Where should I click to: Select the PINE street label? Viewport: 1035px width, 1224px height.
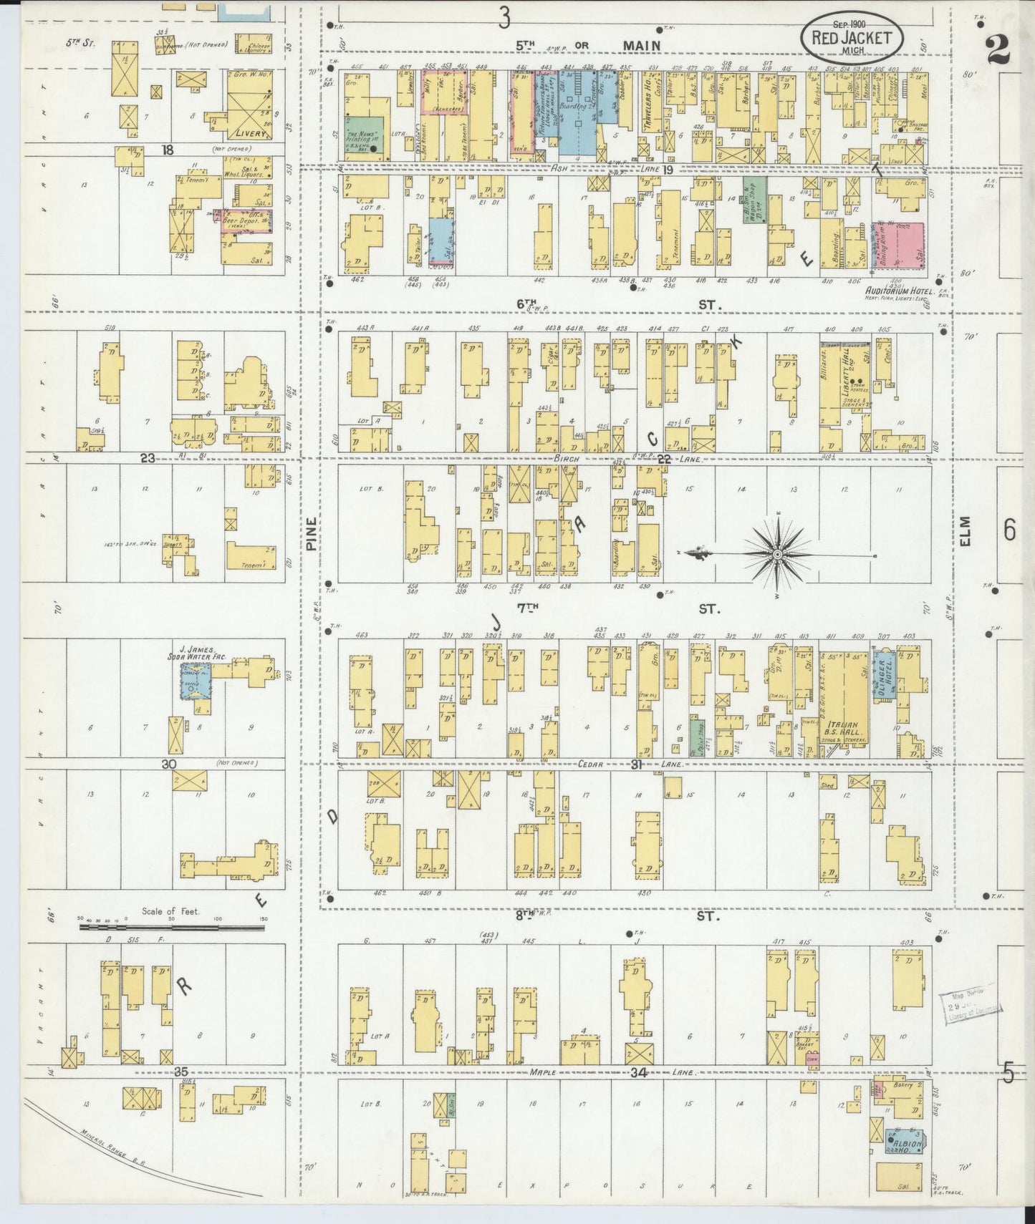(311, 534)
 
